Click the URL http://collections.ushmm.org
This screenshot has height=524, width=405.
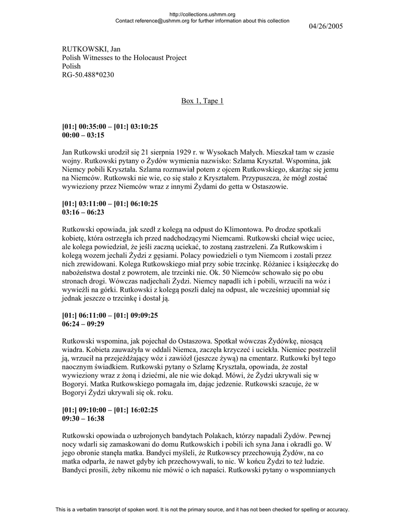click(202, 15)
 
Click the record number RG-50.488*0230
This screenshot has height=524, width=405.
click(88, 75)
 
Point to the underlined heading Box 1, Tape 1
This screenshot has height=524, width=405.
click(202, 101)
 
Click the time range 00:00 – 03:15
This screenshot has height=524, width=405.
click(83, 136)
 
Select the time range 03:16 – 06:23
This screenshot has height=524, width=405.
click(83, 211)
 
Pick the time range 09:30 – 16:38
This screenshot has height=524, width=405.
click(83, 418)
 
